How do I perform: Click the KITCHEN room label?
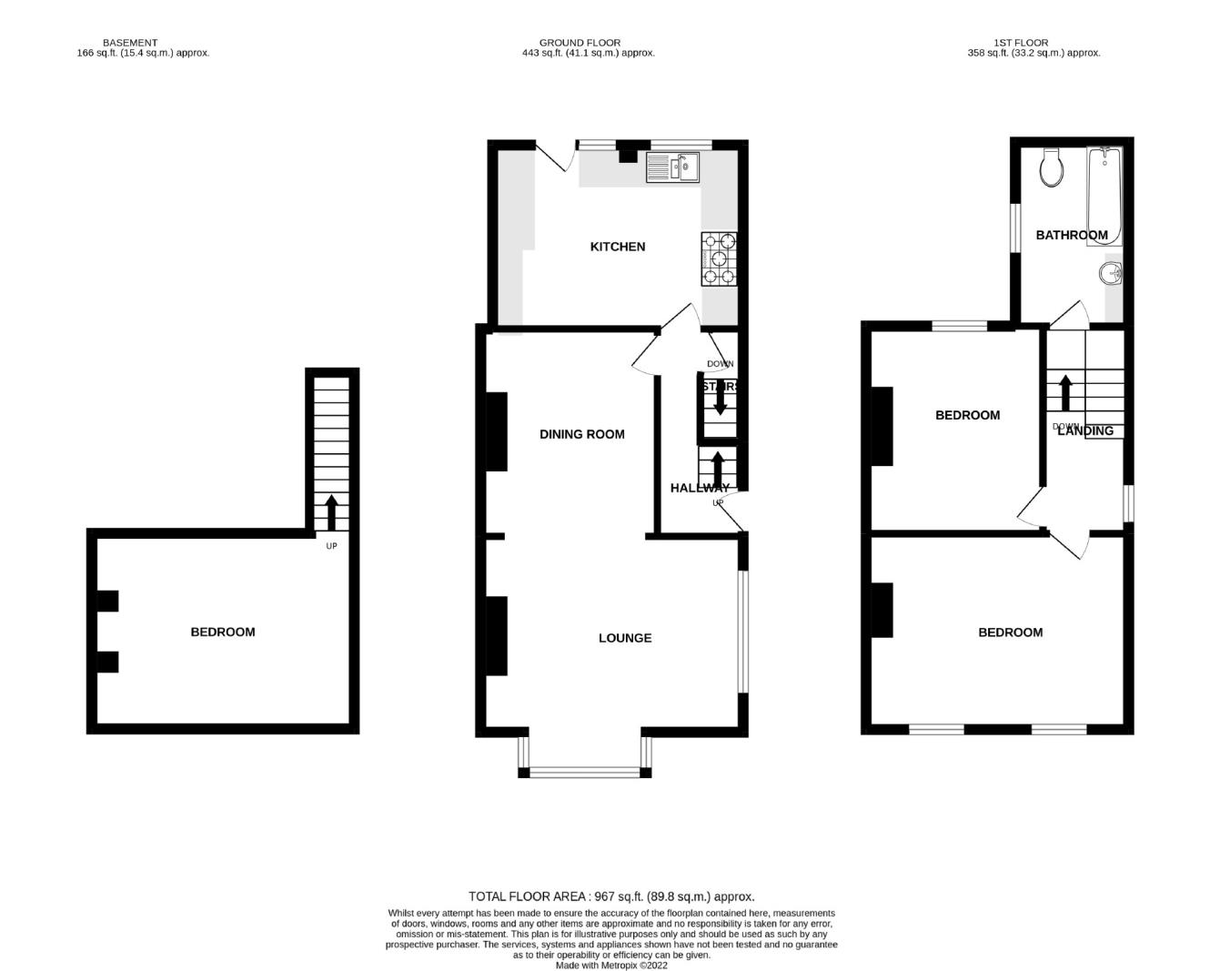(x=618, y=247)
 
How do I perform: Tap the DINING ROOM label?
(x=581, y=434)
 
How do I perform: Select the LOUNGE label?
(x=625, y=638)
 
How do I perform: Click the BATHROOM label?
(x=1072, y=235)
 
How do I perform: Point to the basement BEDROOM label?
(x=222, y=632)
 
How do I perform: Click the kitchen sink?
(x=672, y=167)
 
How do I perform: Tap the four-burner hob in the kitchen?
(x=719, y=259)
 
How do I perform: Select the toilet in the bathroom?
(x=1053, y=168)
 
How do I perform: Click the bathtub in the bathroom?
(x=1105, y=196)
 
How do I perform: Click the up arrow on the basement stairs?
(x=331, y=512)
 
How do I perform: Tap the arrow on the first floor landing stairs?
(x=1065, y=392)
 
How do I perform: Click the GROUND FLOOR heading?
(x=580, y=43)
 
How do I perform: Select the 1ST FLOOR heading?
(x=1021, y=43)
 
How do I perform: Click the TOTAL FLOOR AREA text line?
(x=610, y=896)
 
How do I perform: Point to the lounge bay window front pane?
(x=585, y=773)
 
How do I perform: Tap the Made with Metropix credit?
(x=610, y=966)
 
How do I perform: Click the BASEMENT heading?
(x=130, y=43)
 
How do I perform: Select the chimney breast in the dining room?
(x=497, y=431)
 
